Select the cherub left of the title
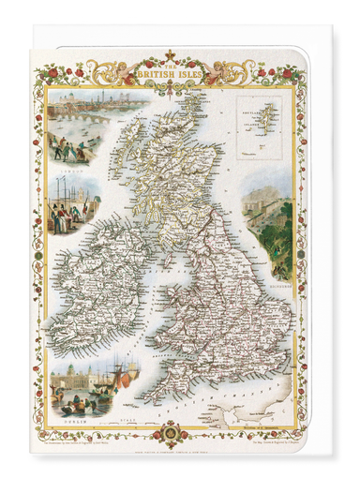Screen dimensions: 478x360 (x=123, y=71)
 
